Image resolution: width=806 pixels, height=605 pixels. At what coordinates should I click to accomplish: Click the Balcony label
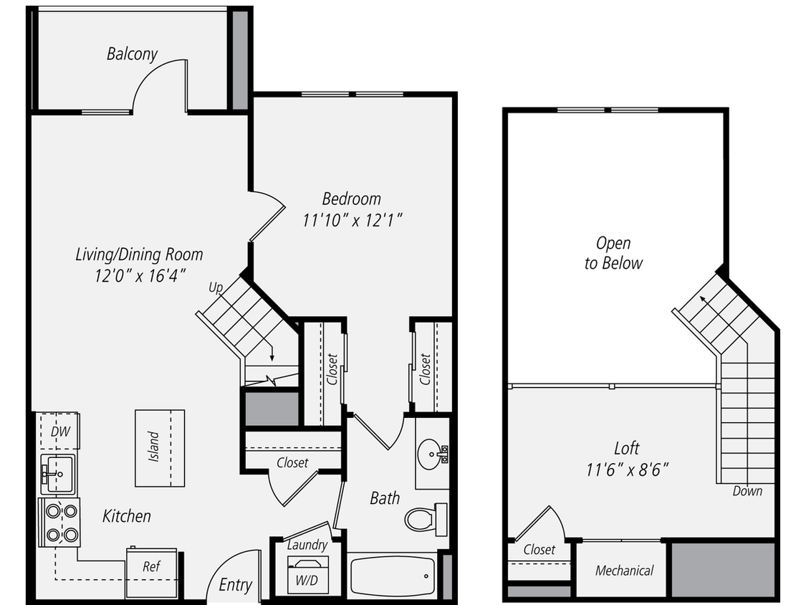pyautogui.click(x=132, y=54)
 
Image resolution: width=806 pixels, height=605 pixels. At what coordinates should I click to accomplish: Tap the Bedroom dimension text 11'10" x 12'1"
pyautogui.click(x=351, y=220)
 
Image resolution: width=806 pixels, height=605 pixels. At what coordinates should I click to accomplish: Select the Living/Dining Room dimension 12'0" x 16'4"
pyautogui.click(x=139, y=275)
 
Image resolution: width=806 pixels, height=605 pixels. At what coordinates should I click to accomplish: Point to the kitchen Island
pyautogui.click(x=159, y=448)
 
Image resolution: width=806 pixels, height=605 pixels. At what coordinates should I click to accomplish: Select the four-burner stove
pyautogui.click(x=61, y=523)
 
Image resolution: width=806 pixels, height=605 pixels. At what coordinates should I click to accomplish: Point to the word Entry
pyautogui.click(x=235, y=585)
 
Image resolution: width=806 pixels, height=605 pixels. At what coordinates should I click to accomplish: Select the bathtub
pyautogui.click(x=393, y=575)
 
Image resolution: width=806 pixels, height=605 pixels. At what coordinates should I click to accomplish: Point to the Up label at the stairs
pyautogui.click(x=215, y=288)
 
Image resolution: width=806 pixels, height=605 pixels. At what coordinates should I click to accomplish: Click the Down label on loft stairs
pyautogui.click(x=747, y=491)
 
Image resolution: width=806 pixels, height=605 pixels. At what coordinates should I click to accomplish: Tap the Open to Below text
pyautogui.click(x=613, y=253)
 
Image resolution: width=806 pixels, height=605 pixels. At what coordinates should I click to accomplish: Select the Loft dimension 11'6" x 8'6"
pyautogui.click(x=627, y=470)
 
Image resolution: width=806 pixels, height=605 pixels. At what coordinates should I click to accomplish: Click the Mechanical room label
pyautogui.click(x=624, y=571)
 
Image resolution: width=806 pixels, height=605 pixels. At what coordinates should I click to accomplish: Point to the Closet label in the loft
pyautogui.click(x=539, y=550)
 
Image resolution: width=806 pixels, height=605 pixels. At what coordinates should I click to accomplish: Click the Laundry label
pyautogui.click(x=307, y=545)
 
